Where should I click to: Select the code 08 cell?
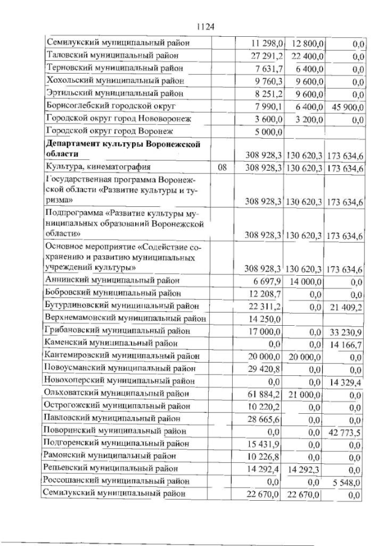click(223, 168)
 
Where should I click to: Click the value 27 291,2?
click(267, 56)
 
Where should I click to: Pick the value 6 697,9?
click(270, 280)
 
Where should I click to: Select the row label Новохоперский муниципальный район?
click(120, 381)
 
